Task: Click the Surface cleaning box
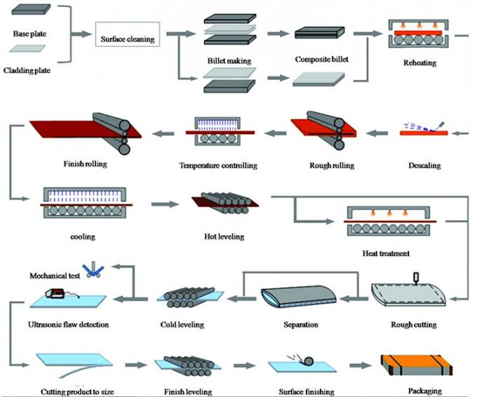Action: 128,34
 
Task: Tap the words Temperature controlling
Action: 218,166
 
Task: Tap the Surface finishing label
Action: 304,391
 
